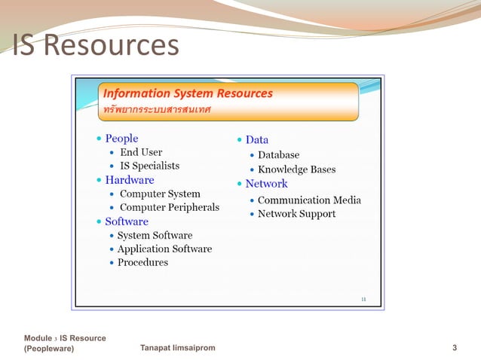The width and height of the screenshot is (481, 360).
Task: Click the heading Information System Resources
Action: (x=188, y=94)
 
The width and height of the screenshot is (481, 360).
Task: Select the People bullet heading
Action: (x=121, y=139)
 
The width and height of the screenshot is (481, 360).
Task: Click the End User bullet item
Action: (x=141, y=152)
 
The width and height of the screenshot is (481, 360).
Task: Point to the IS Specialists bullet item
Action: (x=149, y=166)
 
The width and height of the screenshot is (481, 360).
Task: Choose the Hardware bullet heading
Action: (x=129, y=180)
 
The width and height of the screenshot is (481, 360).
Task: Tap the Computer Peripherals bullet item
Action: (x=170, y=207)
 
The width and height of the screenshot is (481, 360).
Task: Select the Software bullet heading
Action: (x=127, y=221)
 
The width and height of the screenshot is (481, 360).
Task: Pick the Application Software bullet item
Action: (x=164, y=249)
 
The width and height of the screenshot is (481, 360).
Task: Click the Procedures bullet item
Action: (x=142, y=262)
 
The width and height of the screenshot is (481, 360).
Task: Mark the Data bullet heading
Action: (x=256, y=140)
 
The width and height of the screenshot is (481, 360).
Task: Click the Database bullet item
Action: (x=278, y=155)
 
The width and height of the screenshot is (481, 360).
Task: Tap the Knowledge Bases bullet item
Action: (x=296, y=169)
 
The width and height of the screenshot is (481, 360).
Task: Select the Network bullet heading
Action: (x=266, y=184)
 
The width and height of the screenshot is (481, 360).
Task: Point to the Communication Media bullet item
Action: (x=309, y=200)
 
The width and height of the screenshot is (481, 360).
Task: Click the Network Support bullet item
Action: (x=296, y=214)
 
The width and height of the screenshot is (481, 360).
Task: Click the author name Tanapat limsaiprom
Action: (x=178, y=348)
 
